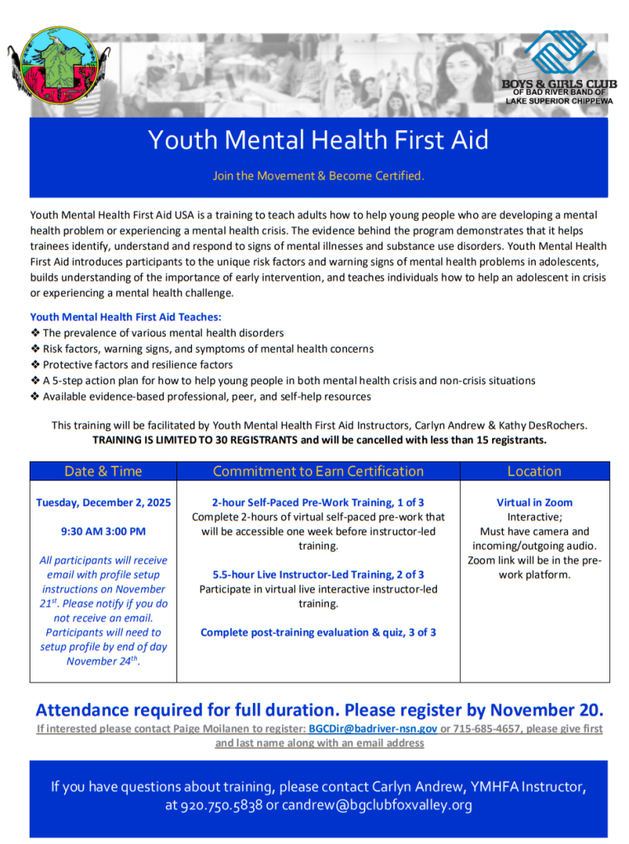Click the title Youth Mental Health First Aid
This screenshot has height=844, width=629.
coord(318,140)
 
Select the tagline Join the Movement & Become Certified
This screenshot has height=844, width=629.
coord(318,176)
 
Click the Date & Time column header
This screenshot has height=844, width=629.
coord(103,471)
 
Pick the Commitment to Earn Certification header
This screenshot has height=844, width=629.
coord(318,471)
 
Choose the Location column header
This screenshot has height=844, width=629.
coord(534,471)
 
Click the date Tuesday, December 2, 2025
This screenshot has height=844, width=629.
coord(104,503)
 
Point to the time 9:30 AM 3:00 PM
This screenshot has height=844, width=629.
coord(103,532)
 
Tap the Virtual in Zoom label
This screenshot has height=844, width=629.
coord(534,503)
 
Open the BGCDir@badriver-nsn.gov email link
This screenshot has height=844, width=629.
coord(373,729)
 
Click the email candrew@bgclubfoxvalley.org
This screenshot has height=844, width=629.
coord(377,805)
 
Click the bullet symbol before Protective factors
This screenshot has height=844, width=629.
coord(35,364)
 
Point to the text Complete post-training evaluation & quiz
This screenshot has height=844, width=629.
coord(318,633)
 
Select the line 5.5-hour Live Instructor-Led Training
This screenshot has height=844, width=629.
coord(318,574)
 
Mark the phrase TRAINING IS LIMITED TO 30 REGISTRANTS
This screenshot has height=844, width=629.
coord(195,440)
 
